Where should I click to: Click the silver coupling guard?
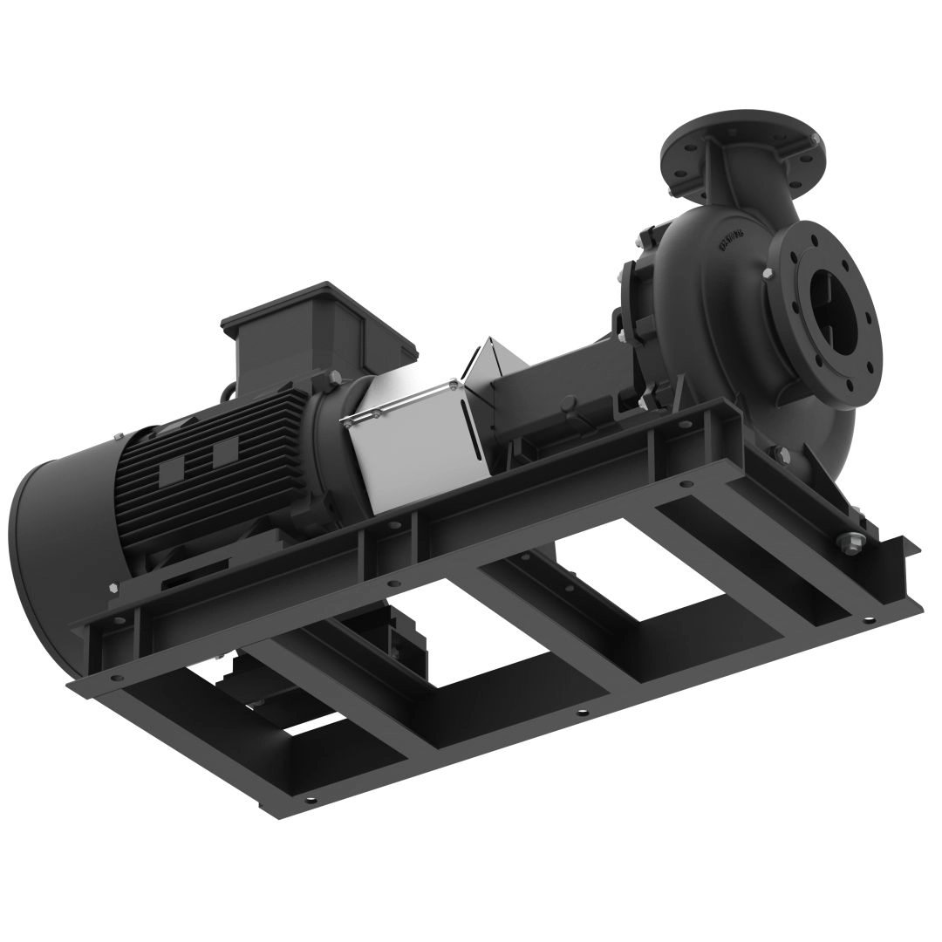(x=410, y=436)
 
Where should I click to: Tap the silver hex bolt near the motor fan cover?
(x=113, y=587)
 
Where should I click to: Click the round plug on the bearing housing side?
(x=568, y=406)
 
